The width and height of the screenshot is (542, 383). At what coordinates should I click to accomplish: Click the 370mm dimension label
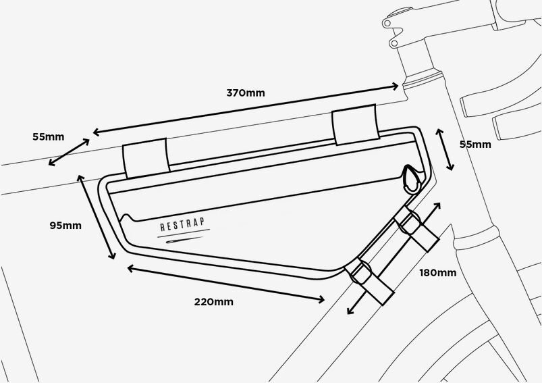[246, 93]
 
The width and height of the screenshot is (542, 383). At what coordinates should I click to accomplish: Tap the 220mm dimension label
[213, 302]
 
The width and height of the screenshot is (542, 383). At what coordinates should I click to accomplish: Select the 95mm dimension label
[65, 226]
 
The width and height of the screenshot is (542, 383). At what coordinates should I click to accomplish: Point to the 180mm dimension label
[438, 273]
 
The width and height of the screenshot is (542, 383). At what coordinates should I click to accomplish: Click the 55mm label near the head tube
[475, 145]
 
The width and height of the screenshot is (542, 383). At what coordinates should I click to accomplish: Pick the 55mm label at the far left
[49, 136]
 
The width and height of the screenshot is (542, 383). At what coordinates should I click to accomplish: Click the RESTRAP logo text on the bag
[182, 224]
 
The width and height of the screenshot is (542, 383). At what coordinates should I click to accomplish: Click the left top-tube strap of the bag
[146, 159]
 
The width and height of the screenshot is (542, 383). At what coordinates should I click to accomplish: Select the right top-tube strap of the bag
[355, 124]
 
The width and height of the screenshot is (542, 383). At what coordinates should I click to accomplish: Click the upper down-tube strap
[416, 229]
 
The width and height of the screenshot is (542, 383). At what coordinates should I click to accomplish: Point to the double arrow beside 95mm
[96, 217]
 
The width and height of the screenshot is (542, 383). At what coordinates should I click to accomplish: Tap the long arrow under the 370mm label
[246, 109]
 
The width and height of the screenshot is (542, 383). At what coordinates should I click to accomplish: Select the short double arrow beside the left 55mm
[69, 152]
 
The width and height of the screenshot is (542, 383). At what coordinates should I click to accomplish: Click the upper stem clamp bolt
[387, 24]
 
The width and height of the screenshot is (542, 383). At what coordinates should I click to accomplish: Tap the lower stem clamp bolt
[394, 43]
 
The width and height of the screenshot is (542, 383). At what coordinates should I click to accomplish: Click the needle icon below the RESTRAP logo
[184, 239]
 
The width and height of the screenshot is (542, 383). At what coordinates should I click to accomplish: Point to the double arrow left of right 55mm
[445, 149]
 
